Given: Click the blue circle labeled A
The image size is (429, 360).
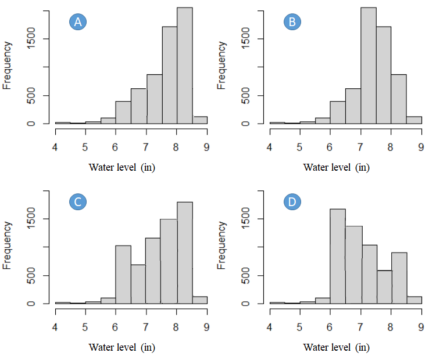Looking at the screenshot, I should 78,22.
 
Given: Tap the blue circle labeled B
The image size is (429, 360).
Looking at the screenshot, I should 292,22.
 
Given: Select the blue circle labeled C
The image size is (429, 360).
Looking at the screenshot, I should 78,202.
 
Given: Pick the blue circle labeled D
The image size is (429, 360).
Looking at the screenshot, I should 292,202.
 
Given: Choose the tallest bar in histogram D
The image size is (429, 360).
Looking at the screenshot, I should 338,256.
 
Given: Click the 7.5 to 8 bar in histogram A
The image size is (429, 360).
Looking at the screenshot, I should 169,75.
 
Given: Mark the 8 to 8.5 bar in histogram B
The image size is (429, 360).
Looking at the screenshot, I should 399,99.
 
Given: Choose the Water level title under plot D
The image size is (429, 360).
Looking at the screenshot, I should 336,348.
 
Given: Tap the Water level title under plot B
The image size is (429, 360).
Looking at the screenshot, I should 336,168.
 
